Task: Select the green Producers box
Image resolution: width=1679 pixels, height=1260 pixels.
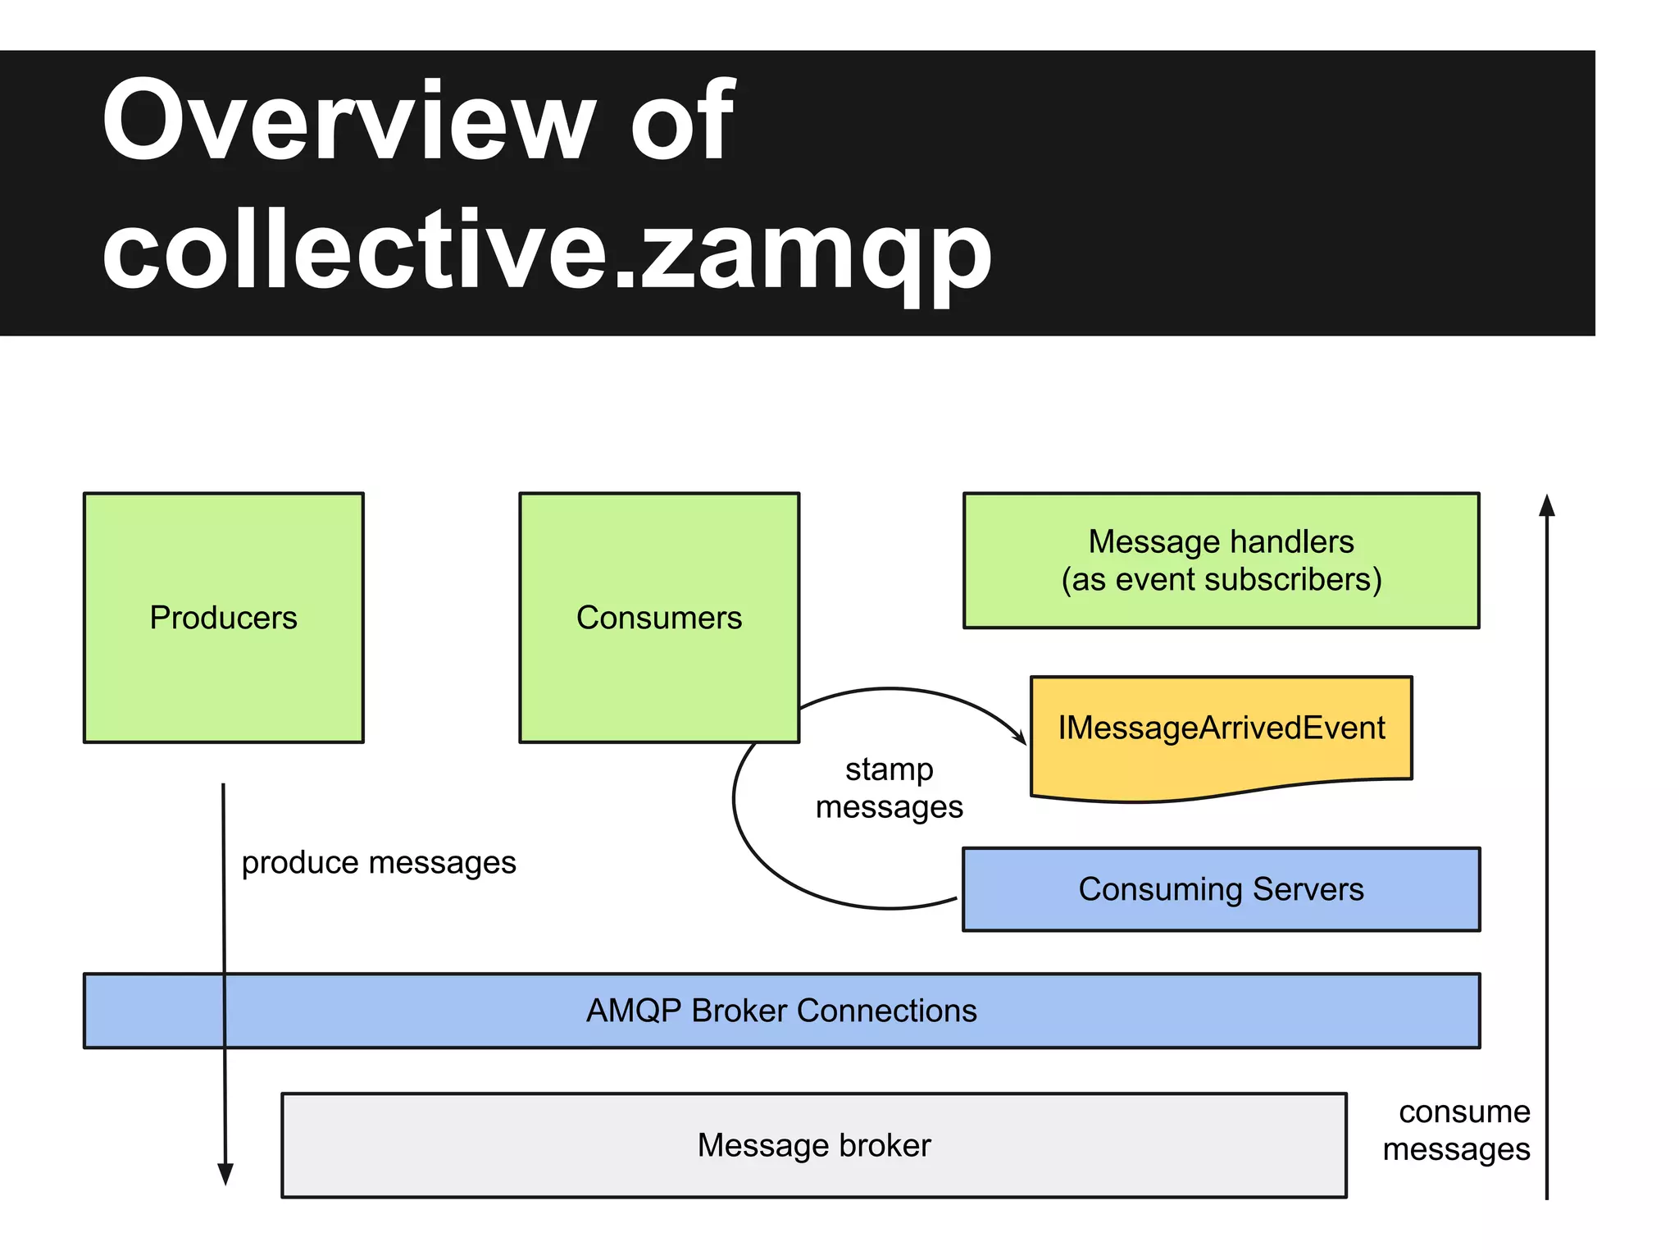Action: (223, 618)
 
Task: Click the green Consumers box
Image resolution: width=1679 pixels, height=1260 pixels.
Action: (658, 618)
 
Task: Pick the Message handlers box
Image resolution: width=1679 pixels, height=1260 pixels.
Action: (1221, 560)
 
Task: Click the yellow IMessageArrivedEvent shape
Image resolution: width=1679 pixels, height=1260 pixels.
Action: (1221, 728)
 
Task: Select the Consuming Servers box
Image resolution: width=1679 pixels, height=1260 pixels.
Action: (1221, 889)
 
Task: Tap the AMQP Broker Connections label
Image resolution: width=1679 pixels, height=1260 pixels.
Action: (781, 1011)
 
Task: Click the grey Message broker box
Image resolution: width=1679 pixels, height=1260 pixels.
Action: (813, 1145)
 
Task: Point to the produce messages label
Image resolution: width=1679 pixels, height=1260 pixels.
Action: (379, 863)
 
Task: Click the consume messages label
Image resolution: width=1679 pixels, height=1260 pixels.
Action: (1457, 1130)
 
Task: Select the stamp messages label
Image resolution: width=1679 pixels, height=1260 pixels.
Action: (890, 788)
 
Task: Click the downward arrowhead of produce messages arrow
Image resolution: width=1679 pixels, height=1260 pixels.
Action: (225, 1175)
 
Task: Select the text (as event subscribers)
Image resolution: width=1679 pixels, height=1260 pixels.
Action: (1221, 580)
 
